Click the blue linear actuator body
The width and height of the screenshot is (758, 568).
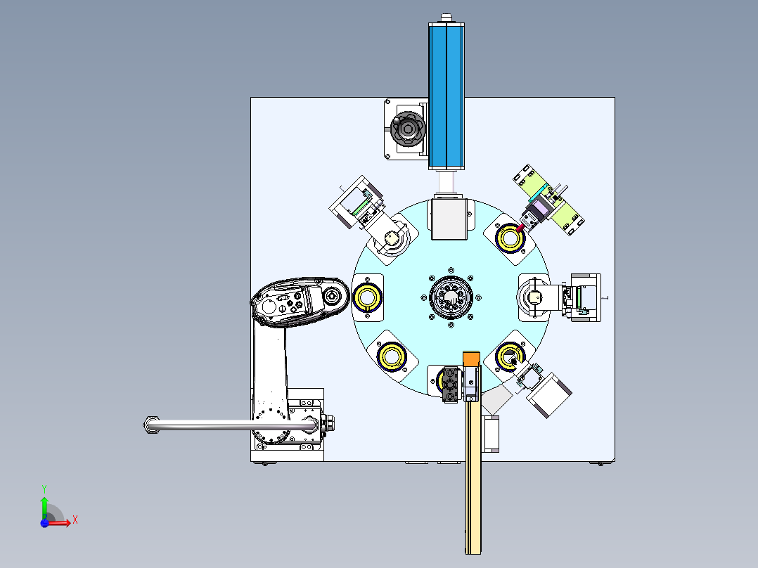coord(447,96)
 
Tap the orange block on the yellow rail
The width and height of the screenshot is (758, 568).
coord(471,359)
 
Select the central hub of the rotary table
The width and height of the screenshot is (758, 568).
coord(451,297)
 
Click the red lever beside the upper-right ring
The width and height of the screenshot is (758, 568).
coord(520,228)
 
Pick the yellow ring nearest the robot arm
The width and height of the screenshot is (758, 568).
coord(368,297)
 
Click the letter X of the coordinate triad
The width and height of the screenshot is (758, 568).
coord(75,520)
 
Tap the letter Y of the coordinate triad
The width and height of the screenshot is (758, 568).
coord(44,489)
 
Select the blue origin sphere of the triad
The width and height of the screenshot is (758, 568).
coord(44,523)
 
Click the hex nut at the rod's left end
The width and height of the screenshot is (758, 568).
coord(151,425)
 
